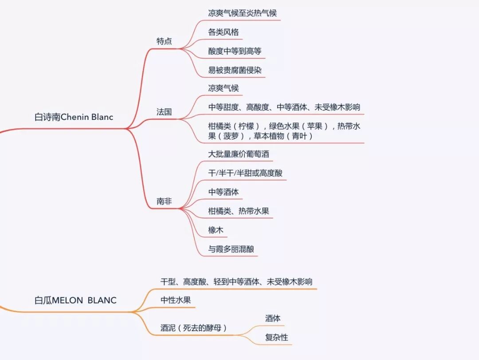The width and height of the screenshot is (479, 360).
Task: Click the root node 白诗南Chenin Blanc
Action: point(74,117)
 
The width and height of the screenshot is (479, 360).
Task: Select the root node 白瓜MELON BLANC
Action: point(75,300)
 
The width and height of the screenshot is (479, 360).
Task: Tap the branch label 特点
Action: point(164,41)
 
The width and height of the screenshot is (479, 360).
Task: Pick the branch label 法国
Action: point(164,112)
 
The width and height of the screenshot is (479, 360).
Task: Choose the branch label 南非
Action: point(164,202)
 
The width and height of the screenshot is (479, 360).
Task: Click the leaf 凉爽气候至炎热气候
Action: point(242,13)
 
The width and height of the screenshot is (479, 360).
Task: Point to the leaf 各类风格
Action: point(224,32)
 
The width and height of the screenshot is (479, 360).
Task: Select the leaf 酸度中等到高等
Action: point(235,51)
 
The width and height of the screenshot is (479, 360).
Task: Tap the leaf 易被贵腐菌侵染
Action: point(235,70)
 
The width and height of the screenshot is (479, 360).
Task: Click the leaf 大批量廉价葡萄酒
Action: point(238,154)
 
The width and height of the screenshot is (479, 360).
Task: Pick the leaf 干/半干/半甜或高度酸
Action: point(245,173)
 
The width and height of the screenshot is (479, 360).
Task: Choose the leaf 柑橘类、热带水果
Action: point(238,211)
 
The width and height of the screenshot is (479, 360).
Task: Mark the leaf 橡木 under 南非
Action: point(216,230)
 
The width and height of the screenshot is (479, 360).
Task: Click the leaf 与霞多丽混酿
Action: point(231,249)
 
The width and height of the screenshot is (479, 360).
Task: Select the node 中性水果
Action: point(176,300)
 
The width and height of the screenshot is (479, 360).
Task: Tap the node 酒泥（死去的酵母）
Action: point(194,328)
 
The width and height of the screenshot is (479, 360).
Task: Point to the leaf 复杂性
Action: point(276,337)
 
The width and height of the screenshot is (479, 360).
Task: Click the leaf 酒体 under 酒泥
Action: point(273,318)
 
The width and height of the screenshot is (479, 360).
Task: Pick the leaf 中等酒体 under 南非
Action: point(224,192)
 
